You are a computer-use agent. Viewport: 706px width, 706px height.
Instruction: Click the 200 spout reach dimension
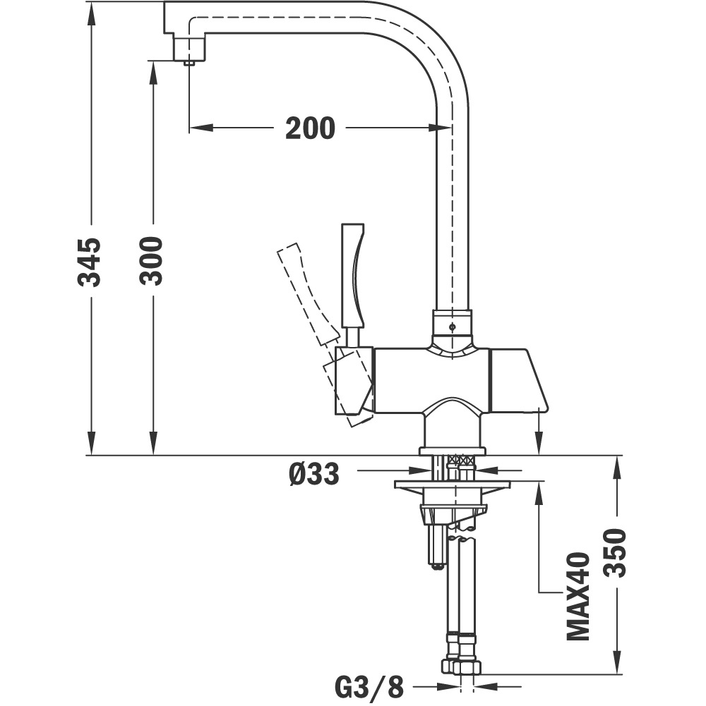(310, 128)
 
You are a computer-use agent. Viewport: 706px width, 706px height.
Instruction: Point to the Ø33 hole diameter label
(313, 474)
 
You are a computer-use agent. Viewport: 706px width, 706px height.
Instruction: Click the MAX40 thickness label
(578, 596)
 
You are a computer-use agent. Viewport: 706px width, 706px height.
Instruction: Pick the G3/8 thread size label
(369, 687)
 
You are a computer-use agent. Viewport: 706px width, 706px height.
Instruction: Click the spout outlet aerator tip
(189, 63)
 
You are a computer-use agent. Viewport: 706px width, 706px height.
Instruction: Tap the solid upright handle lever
(352, 274)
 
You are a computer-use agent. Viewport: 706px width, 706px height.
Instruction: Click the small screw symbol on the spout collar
(452, 327)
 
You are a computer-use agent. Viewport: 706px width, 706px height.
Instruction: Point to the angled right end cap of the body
(518, 379)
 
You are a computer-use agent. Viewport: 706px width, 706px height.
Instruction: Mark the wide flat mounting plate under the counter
(452, 485)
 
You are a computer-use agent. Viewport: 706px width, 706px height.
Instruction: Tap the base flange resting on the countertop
(452, 451)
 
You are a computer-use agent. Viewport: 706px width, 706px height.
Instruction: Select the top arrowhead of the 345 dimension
(92, 13)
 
